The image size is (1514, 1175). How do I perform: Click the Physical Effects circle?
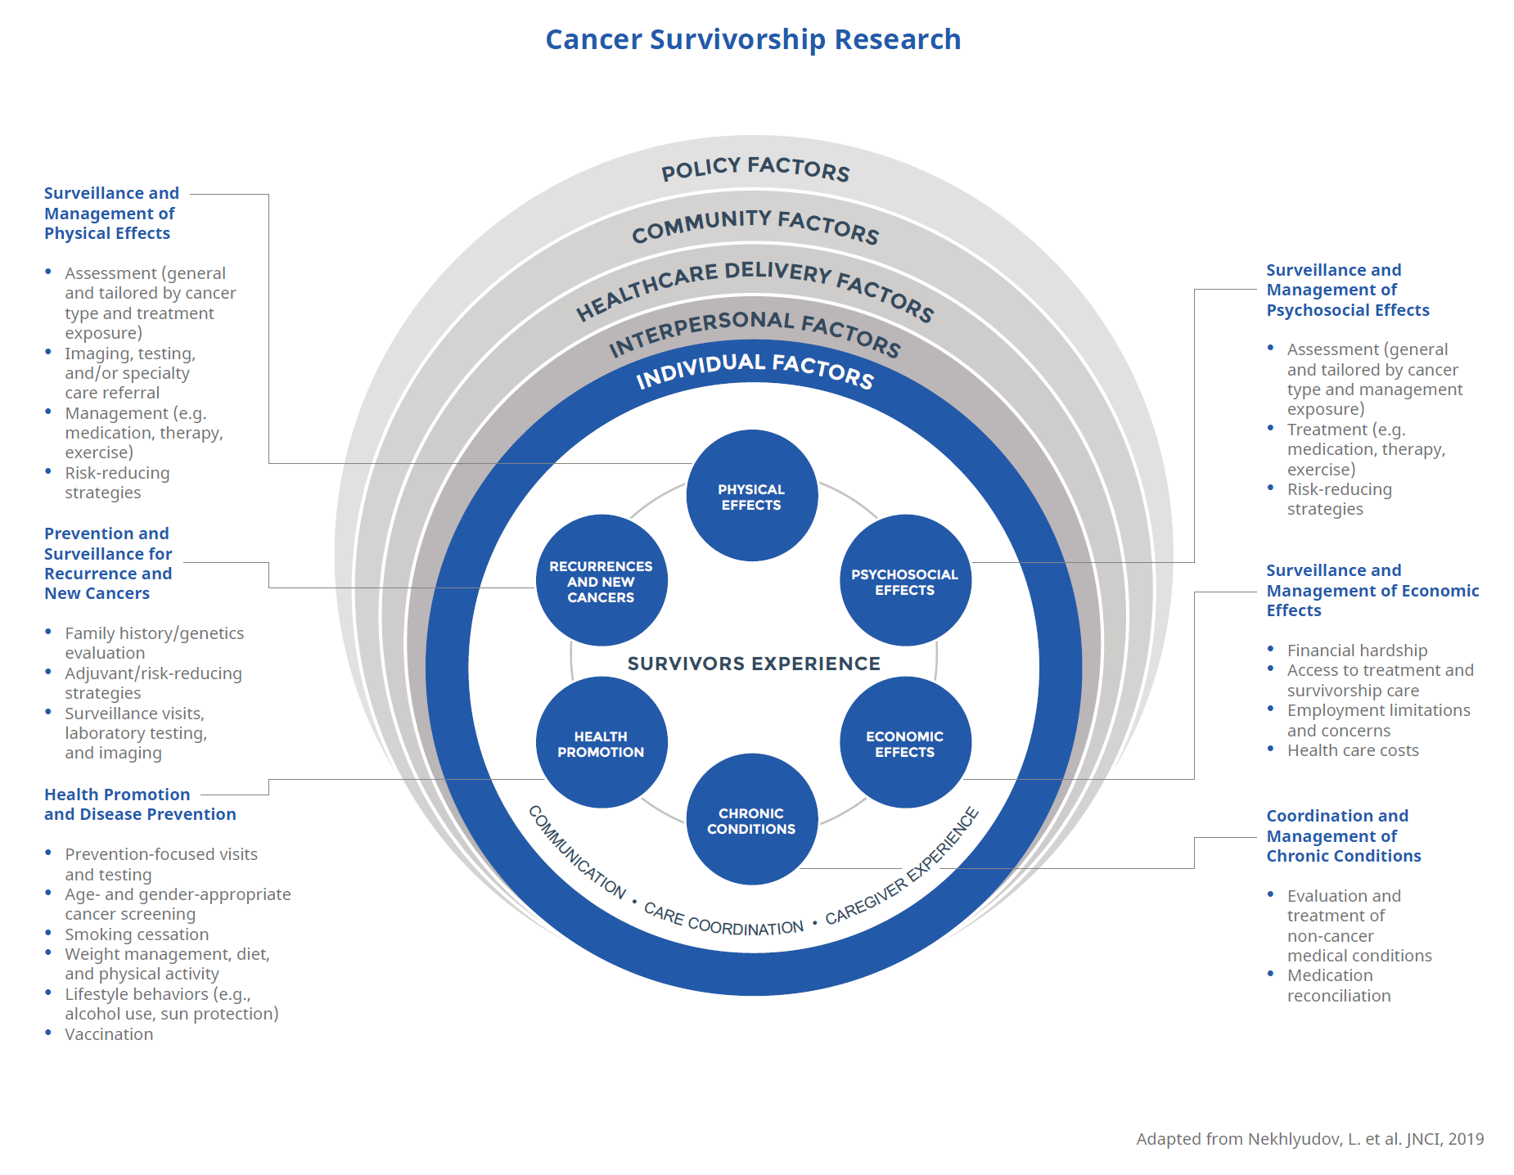click(x=751, y=496)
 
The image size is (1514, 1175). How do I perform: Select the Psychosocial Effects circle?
click(x=904, y=581)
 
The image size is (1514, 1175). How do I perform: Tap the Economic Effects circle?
click(x=904, y=743)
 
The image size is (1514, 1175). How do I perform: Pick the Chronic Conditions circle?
click(x=751, y=820)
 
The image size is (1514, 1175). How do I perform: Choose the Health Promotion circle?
click(x=601, y=743)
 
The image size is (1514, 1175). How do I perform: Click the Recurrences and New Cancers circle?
click(x=601, y=581)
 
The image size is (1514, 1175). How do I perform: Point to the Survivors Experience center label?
click(x=754, y=664)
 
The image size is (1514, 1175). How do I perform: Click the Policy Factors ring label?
click(x=755, y=169)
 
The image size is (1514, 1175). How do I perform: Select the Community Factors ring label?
click(x=755, y=225)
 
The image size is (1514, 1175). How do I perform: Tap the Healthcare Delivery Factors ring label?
click(x=755, y=290)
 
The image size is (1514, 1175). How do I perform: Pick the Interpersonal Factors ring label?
click(x=755, y=332)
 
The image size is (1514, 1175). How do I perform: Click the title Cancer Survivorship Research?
click(x=753, y=39)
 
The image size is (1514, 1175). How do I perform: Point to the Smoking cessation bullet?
click(x=137, y=934)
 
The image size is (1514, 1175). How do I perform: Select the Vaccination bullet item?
click(x=109, y=1034)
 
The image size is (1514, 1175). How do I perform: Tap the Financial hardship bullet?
click(x=1357, y=651)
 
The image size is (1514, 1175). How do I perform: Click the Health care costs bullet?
click(x=1353, y=750)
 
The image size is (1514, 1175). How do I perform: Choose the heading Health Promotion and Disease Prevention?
click(x=140, y=804)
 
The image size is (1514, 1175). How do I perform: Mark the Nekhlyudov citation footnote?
click(x=1309, y=1139)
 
